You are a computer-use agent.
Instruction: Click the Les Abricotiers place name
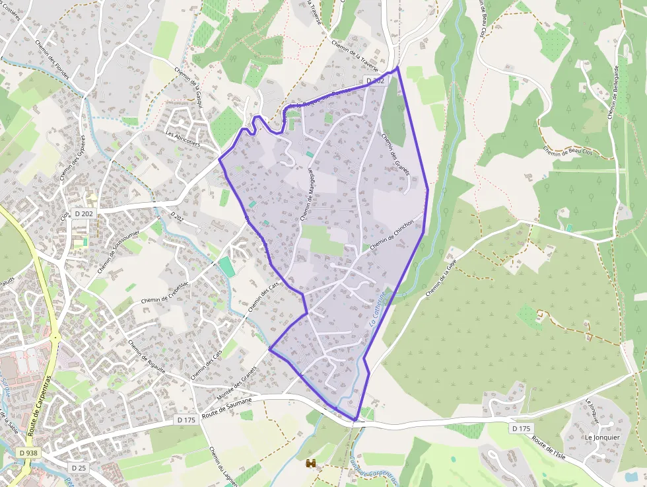(x=183, y=138)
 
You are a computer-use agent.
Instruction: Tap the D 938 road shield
(x=28, y=453)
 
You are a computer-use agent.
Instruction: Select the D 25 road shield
(x=79, y=468)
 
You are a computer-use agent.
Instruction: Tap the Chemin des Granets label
(x=395, y=154)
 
